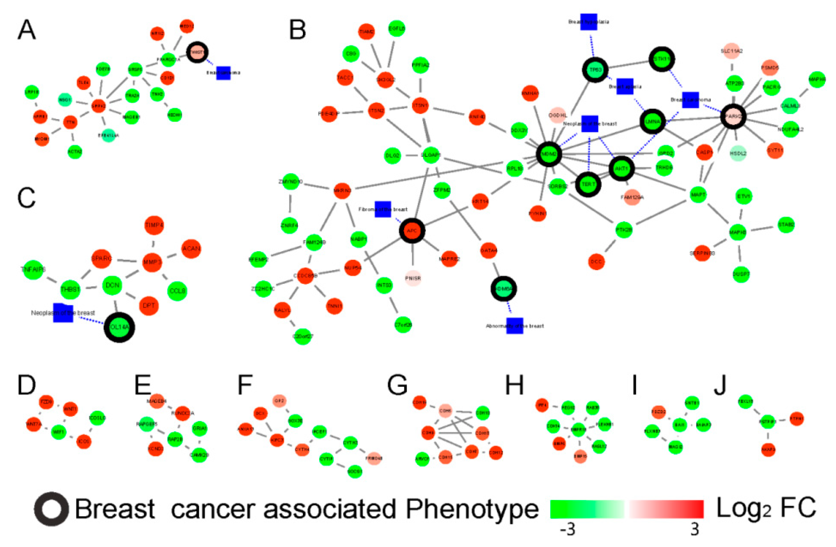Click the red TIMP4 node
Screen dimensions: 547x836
(154, 225)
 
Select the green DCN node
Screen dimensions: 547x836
(112, 285)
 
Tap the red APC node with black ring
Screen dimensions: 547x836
(412, 231)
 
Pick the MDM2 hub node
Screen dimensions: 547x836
(549, 154)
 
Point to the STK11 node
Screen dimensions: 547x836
(662, 59)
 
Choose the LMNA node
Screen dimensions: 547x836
(653, 121)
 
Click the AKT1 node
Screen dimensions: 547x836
(621, 169)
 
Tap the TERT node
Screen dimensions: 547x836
(588, 184)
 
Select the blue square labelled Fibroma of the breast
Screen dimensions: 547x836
(383, 209)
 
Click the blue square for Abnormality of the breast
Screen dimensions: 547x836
(515, 326)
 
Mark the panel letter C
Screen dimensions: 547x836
(26, 198)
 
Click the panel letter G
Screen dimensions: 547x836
(397, 385)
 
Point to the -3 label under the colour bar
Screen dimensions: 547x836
(567, 529)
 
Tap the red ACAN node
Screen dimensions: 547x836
(192, 249)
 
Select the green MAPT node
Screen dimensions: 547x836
(698, 195)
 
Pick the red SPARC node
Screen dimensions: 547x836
(101, 258)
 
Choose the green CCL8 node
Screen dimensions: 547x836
(177, 291)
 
